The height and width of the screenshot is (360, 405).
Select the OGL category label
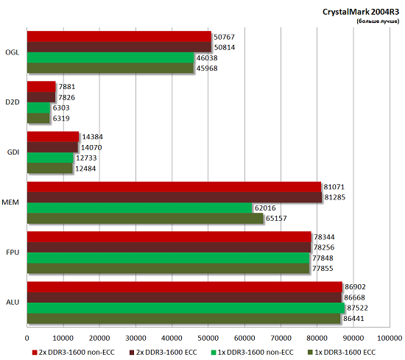coord(13,52)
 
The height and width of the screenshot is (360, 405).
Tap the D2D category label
coord(13,102)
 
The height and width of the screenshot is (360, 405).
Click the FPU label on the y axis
coord(13,253)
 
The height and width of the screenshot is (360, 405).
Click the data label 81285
coord(335,198)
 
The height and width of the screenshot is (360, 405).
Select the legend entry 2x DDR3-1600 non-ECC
coord(71,353)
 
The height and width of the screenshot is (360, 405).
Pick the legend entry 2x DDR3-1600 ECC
coord(165,353)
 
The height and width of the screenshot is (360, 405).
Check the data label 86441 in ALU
coord(354,319)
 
